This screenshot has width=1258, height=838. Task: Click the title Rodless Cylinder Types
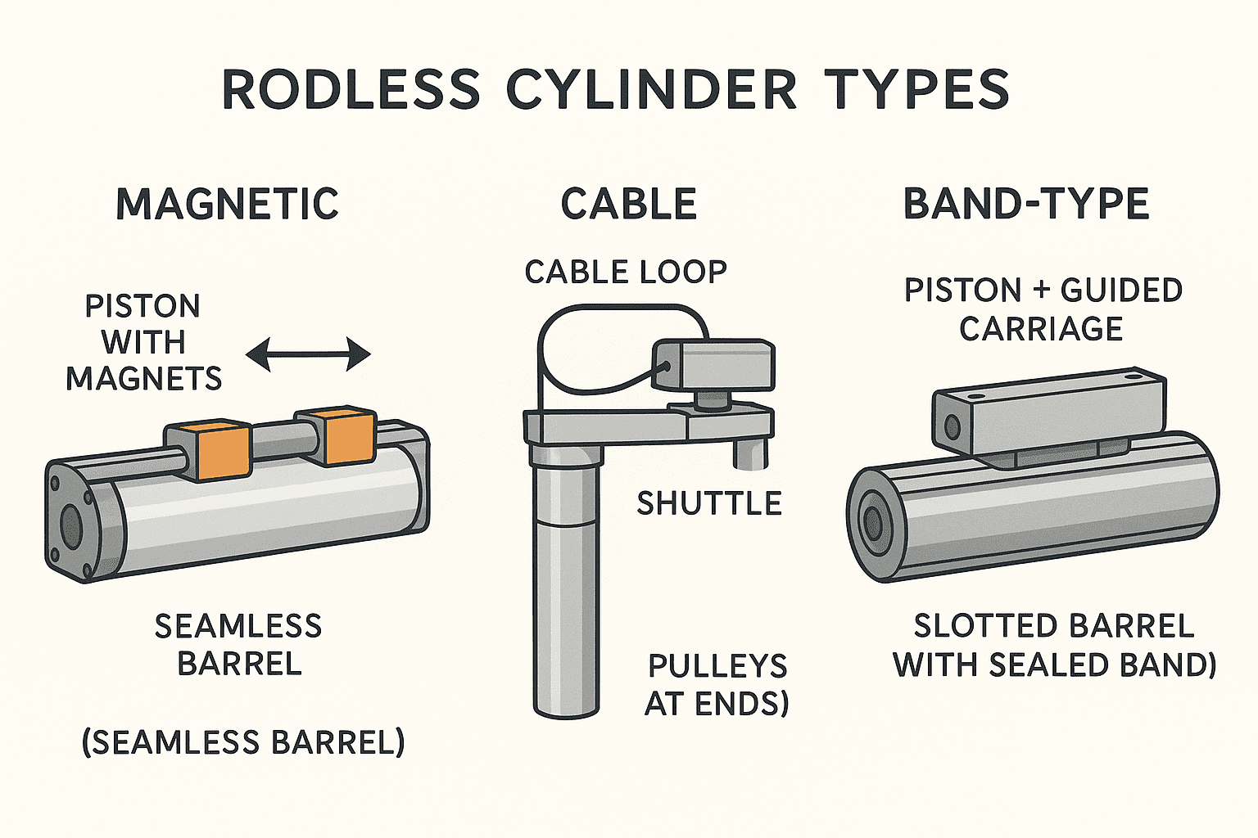pyautogui.click(x=615, y=89)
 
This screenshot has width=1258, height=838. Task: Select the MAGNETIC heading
pyautogui.click(x=228, y=204)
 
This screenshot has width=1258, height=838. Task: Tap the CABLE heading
pyautogui.click(x=628, y=204)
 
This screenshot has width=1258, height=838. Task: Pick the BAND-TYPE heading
pyautogui.click(x=1026, y=204)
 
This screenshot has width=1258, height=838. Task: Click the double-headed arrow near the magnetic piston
pyautogui.click(x=309, y=354)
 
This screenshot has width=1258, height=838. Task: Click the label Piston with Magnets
pyautogui.click(x=143, y=342)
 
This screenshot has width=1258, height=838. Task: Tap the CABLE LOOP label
pyautogui.click(x=626, y=273)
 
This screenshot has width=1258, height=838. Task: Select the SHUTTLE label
pyautogui.click(x=709, y=503)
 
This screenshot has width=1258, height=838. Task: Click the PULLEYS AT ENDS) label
pyautogui.click(x=717, y=685)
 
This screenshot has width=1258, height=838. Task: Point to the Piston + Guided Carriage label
pyautogui.click(x=1043, y=309)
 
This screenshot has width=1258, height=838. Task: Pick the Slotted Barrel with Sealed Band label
pyautogui.click(x=1054, y=646)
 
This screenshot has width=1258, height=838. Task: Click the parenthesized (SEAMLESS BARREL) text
pyautogui.click(x=243, y=742)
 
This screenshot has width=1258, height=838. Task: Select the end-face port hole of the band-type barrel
pyautogui.click(x=871, y=520)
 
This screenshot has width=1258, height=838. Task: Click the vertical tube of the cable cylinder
pyautogui.click(x=566, y=589)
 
